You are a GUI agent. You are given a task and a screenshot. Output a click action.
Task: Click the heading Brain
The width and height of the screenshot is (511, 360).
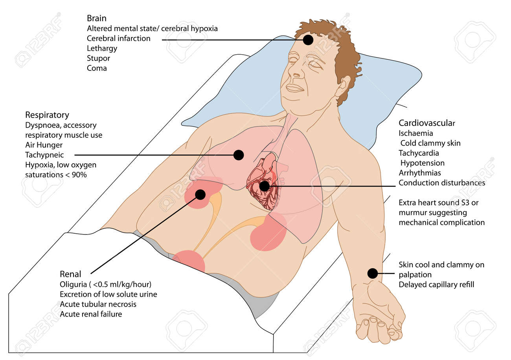(x=96, y=18)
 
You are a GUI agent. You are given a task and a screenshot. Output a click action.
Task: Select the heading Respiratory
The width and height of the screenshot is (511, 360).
(x=47, y=115)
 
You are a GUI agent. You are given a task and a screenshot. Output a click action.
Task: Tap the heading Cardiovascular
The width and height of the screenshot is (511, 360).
(x=426, y=123)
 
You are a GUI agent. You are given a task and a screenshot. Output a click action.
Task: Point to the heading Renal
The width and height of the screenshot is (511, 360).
(x=70, y=274)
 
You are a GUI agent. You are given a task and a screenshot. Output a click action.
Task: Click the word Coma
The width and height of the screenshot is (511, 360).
(x=97, y=68)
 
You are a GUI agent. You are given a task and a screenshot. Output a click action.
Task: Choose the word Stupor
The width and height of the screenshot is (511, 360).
(x=98, y=59)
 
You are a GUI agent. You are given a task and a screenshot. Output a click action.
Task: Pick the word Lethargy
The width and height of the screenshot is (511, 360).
(x=102, y=48)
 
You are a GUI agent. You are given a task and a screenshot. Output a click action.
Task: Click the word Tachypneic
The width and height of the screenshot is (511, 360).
(x=44, y=155)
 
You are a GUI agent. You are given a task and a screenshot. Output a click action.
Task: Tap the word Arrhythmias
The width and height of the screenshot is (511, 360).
(x=420, y=173)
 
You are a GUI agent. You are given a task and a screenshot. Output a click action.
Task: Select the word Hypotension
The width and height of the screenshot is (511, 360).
(x=423, y=163)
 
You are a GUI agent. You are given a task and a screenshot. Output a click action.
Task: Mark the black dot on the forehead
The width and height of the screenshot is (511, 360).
(x=308, y=40)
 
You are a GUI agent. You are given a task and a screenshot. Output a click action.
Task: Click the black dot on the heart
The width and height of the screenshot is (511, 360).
(x=265, y=186)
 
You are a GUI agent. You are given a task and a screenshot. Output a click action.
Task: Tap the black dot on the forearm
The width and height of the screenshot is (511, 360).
(x=373, y=273)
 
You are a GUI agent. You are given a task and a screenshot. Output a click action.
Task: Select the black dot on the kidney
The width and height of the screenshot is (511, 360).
(x=200, y=194)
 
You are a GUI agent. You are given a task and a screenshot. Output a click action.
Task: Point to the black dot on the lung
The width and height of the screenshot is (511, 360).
(x=239, y=155)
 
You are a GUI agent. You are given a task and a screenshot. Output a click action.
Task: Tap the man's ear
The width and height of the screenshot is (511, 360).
(x=343, y=86)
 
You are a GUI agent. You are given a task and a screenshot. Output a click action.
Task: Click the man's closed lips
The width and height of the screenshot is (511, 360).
(x=294, y=88)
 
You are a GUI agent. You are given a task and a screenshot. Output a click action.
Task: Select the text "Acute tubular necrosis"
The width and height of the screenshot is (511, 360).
(x=98, y=304)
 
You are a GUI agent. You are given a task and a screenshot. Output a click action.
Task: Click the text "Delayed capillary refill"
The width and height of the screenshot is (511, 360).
(x=436, y=285)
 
